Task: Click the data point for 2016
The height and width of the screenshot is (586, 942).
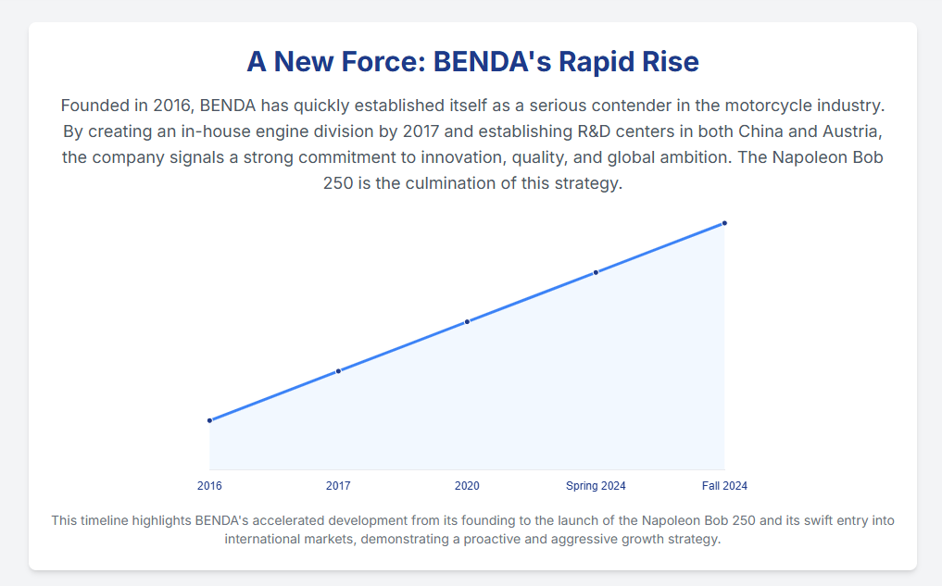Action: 209,420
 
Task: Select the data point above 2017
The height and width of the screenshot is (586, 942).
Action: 338,371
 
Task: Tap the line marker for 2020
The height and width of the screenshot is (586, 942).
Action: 467,321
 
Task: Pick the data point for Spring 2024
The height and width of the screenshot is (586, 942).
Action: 596,272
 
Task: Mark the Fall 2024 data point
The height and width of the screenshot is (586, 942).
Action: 724,223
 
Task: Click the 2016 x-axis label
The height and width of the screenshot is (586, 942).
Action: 209,486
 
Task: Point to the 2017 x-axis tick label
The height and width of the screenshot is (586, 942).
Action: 338,486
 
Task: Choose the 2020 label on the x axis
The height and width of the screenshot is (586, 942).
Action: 467,486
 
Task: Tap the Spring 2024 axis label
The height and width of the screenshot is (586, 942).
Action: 596,486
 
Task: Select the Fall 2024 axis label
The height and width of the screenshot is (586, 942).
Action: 724,486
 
